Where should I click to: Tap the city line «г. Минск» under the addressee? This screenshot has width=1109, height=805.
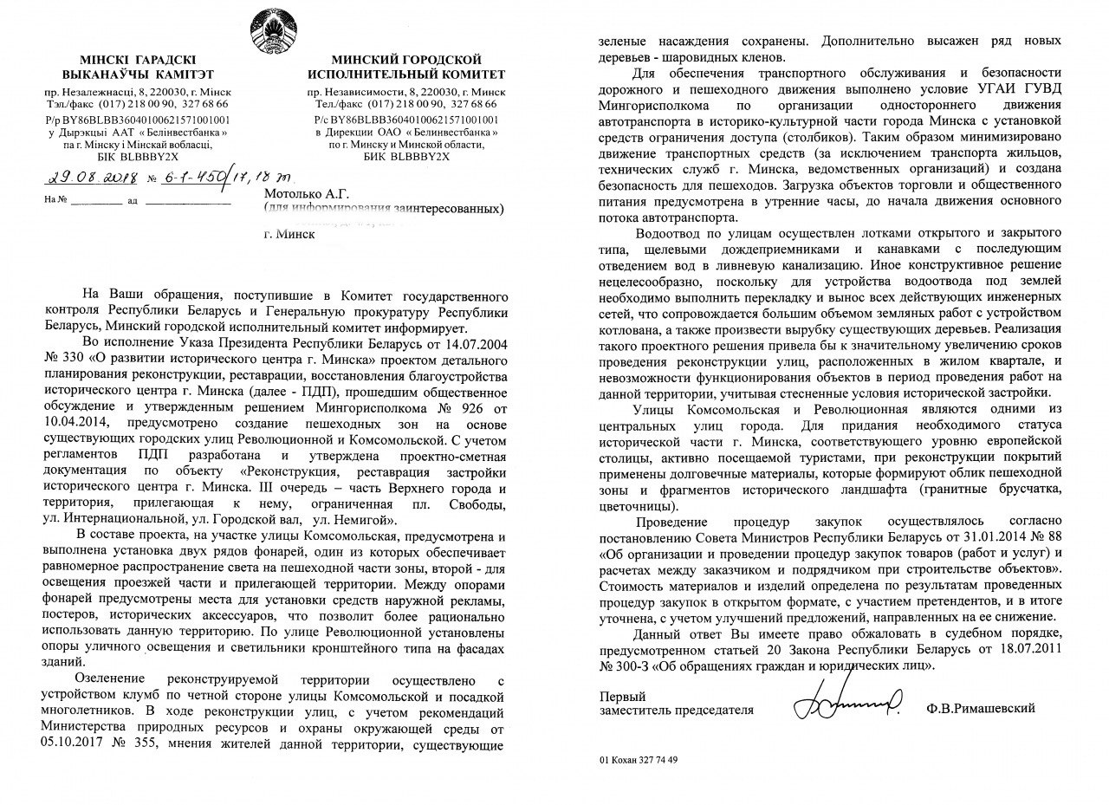point(289,234)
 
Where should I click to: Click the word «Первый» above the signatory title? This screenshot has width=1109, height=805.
point(621,696)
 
